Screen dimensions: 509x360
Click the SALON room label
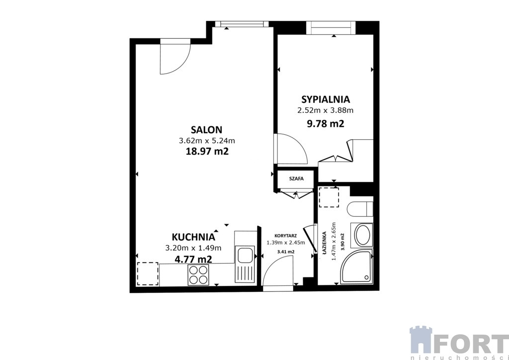click(x=206, y=130)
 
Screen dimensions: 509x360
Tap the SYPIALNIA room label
click(x=326, y=99)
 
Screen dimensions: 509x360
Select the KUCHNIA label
click(x=193, y=237)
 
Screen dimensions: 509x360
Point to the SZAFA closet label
click(x=296, y=178)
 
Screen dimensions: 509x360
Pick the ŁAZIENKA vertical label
click(x=324, y=245)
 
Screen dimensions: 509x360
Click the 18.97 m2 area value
click(x=207, y=151)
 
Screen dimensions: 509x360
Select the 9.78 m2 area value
click(x=325, y=124)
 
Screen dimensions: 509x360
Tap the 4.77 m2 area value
click(x=193, y=259)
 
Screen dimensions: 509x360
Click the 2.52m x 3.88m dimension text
click(x=325, y=110)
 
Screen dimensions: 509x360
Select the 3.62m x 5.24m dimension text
click(x=207, y=141)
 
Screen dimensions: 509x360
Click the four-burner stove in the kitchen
click(x=198, y=275)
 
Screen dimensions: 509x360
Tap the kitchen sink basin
click(x=245, y=255)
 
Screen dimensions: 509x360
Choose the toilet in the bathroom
click(x=360, y=209)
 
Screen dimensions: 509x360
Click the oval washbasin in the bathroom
click(x=362, y=235)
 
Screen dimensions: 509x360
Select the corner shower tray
click(x=356, y=267)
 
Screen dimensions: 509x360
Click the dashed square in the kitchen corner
click(x=148, y=273)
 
